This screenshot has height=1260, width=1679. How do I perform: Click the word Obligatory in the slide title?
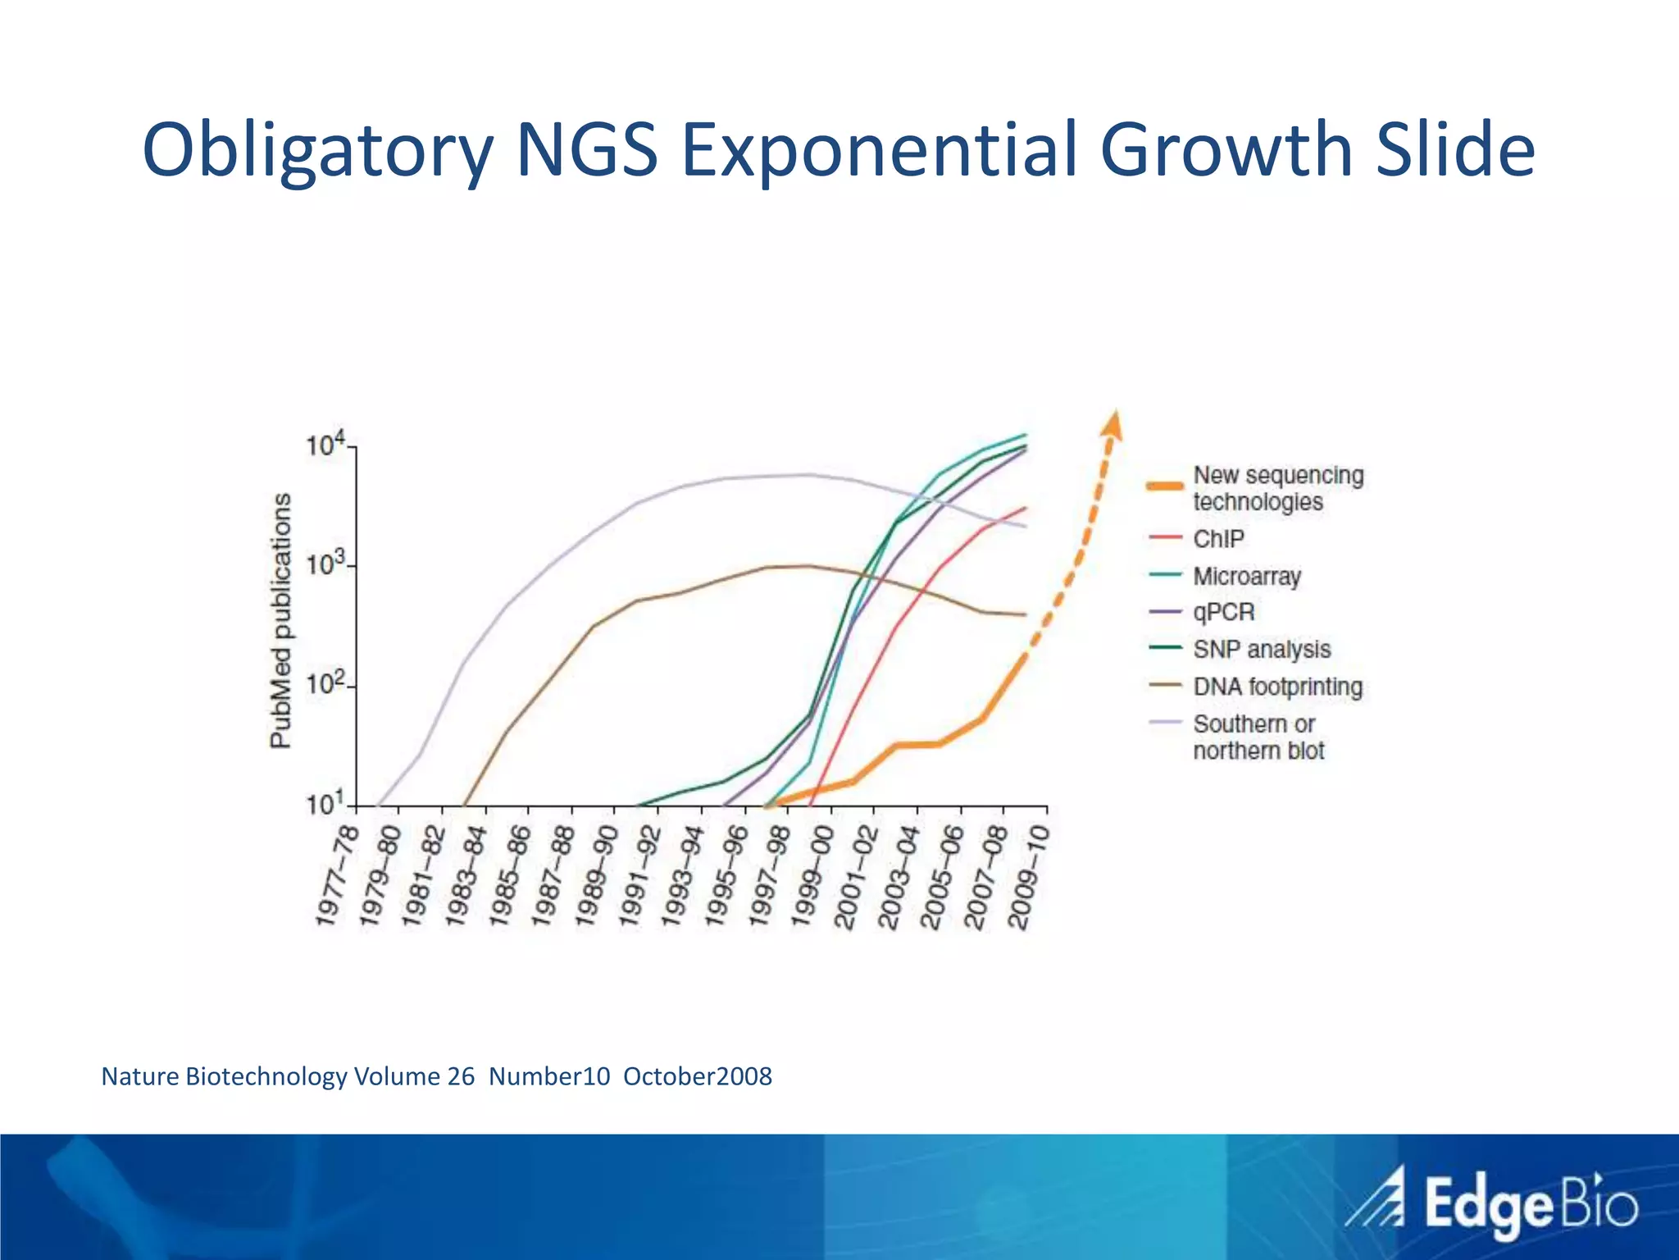point(317,152)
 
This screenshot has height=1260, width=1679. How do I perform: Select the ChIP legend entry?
point(1218,539)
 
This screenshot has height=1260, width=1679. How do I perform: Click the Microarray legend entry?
point(1247,576)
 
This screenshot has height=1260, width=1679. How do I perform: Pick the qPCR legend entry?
point(1224,612)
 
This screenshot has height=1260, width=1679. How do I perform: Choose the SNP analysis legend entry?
point(1261,649)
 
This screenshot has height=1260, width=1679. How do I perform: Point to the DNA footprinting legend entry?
point(1277,686)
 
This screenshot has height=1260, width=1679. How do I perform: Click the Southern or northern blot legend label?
point(1258,737)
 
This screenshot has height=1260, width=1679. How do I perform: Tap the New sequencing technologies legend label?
point(1277,488)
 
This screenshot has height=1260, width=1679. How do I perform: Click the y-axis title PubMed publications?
point(281,620)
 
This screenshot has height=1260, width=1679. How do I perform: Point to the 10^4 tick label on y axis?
point(325,446)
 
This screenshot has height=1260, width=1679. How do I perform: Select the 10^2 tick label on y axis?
point(325,684)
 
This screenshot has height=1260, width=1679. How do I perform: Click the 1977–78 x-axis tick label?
point(338,876)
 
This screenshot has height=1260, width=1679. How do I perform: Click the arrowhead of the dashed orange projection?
point(1113,422)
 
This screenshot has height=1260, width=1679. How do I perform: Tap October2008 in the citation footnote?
point(697,1076)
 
